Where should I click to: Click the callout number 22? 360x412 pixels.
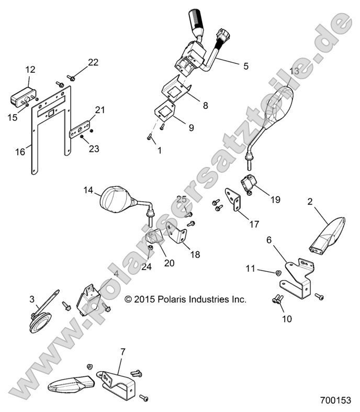tap(93, 62)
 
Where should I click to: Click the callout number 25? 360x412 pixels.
tap(181, 199)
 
